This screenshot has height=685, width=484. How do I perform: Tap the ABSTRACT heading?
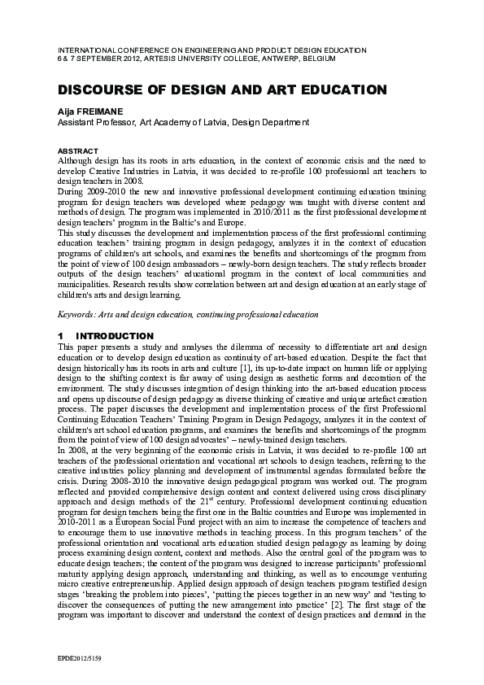coord(77,151)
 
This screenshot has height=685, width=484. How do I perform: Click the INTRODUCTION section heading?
coord(115,336)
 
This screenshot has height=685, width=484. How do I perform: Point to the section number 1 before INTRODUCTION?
coord(60,336)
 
